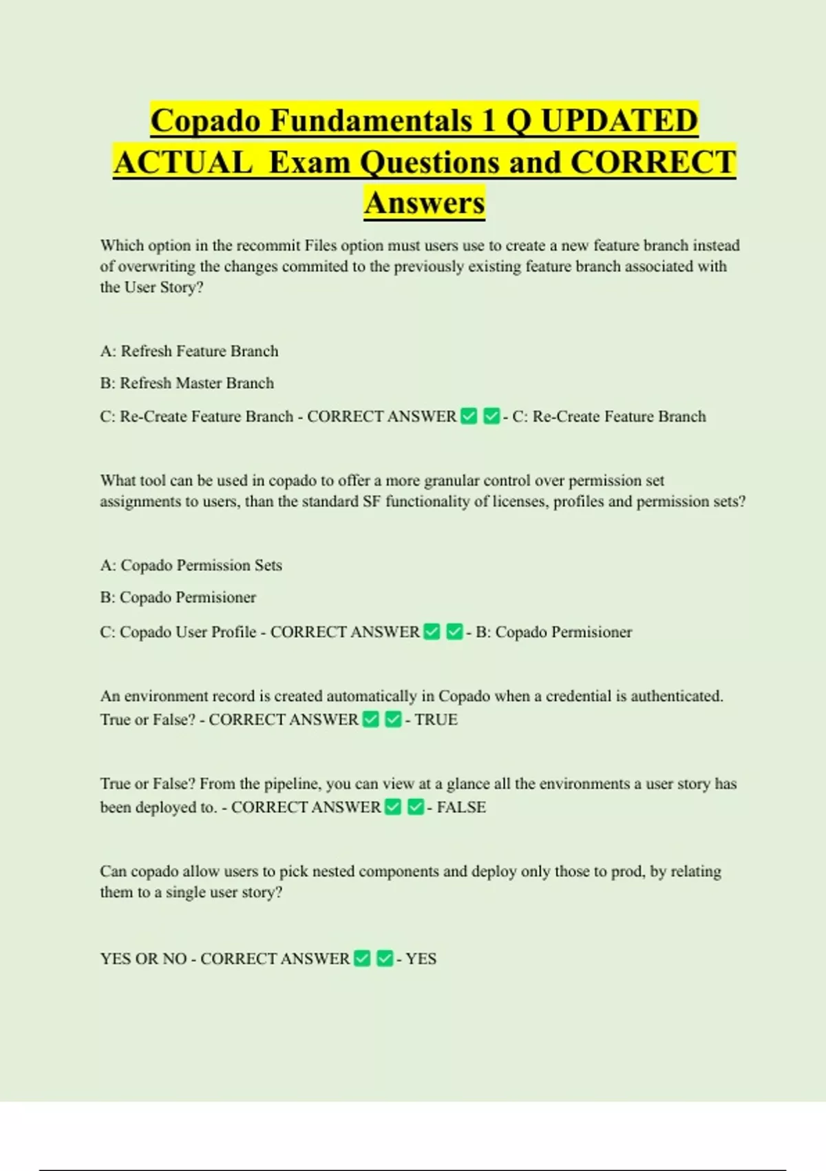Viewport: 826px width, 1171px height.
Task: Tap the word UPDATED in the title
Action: pyautogui.click(x=619, y=121)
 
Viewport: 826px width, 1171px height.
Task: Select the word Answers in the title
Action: pyautogui.click(x=425, y=203)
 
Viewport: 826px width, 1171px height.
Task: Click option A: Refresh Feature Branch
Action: pyautogui.click(x=189, y=351)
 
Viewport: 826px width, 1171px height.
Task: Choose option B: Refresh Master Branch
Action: pyautogui.click(x=187, y=383)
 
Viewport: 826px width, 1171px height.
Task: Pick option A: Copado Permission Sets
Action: pyautogui.click(x=191, y=566)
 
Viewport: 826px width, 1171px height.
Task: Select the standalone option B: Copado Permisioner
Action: pyautogui.click(x=178, y=597)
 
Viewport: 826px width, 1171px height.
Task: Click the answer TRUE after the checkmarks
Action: pyautogui.click(x=436, y=720)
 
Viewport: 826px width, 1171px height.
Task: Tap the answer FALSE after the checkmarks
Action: pyautogui.click(x=461, y=807)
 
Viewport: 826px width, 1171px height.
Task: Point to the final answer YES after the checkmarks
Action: pyautogui.click(x=421, y=959)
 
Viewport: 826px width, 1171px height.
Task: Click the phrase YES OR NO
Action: pyautogui.click(x=143, y=959)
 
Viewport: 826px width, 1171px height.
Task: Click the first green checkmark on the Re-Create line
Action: pyautogui.click(x=469, y=416)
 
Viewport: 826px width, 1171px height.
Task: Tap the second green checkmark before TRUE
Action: pyautogui.click(x=393, y=720)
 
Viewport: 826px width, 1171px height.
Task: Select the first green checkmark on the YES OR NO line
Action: pyautogui.click(x=362, y=958)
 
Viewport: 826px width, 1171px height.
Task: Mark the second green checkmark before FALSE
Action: pyautogui.click(x=416, y=807)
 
